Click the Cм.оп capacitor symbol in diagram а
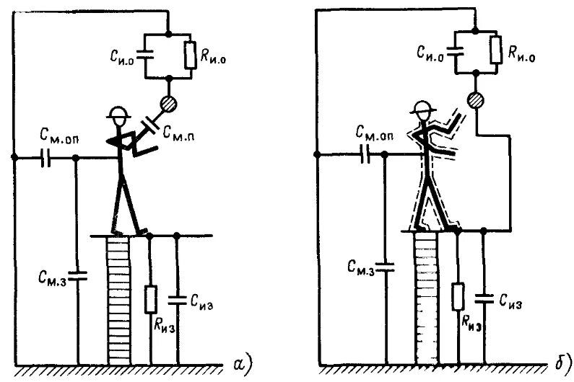(x=48, y=158)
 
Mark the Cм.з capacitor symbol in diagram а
(x=77, y=273)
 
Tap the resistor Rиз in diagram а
(x=151, y=298)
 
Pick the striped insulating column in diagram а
(x=117, y=299)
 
